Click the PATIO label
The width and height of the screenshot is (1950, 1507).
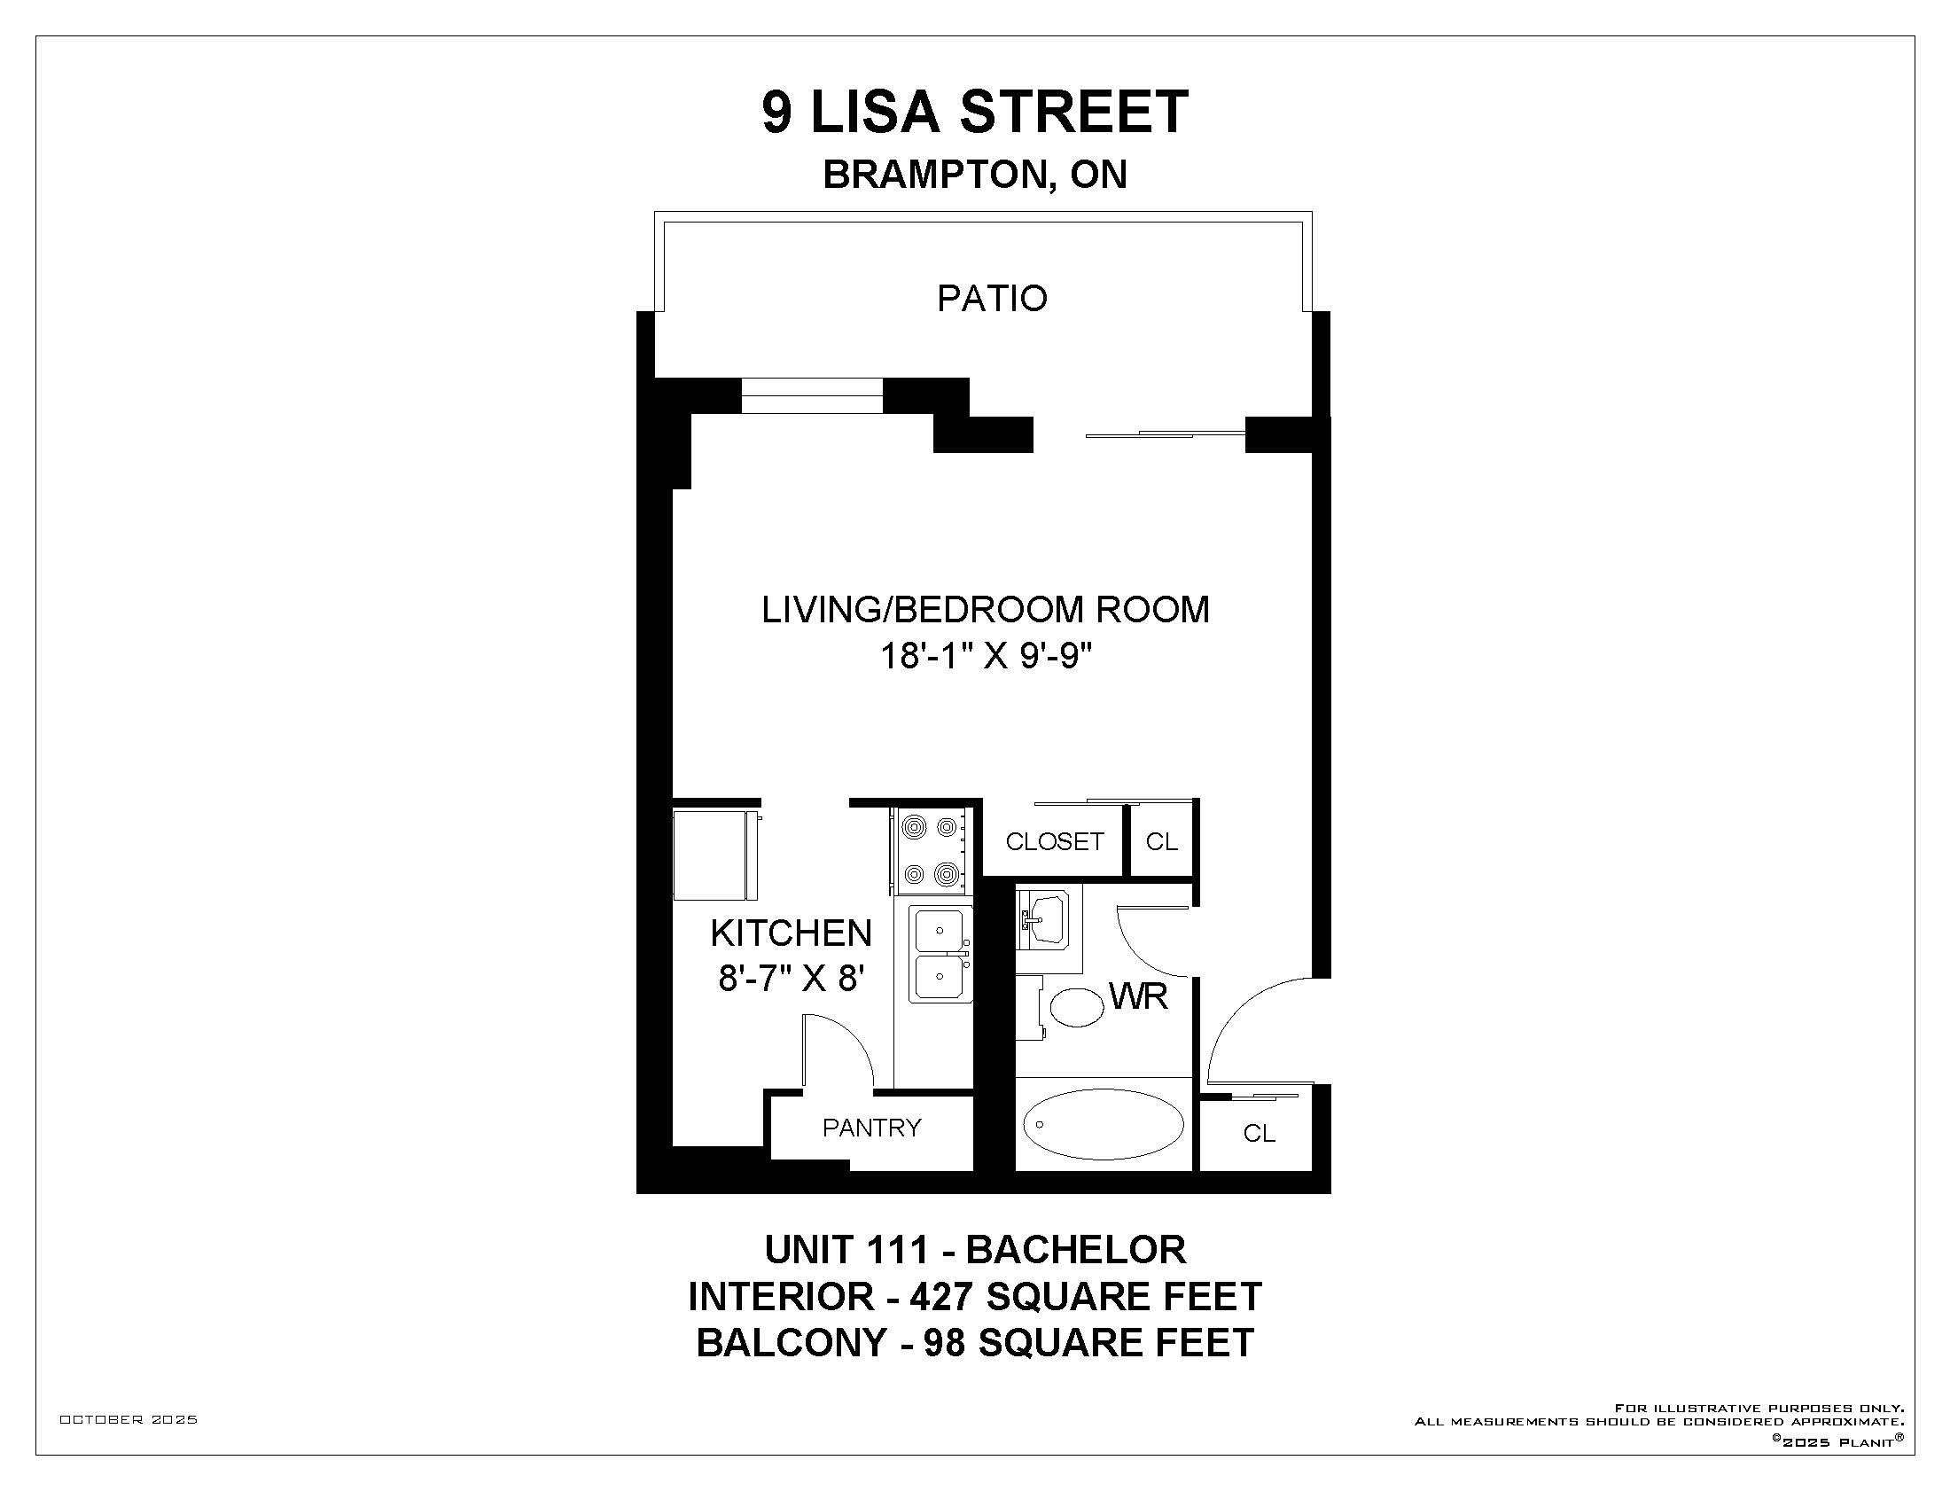coord(991,298)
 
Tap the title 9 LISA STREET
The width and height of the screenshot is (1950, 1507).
coord(975,112)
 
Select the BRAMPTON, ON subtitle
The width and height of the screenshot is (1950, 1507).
coord(975,174)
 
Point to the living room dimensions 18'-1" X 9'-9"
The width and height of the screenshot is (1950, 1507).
coord(987,656)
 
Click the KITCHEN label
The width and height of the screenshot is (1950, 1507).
coord(791,933)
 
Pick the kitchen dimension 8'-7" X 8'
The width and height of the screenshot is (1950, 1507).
coord(791,980)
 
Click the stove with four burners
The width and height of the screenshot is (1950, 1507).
coord(930,851)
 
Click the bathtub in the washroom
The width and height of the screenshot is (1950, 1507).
coord(1104,1125)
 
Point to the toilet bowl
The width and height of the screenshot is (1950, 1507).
coord(1077,1007)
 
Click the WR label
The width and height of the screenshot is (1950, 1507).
coord(1138,996)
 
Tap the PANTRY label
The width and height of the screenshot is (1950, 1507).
coord(871,1128)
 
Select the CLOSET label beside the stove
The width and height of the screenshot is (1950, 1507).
coord(1055,841)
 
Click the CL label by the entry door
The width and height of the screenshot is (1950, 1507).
coord(1259,1133)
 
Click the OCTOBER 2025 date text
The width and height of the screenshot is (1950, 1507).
coord(129,1419)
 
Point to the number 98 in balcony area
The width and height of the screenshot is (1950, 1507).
coord(944,1343)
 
